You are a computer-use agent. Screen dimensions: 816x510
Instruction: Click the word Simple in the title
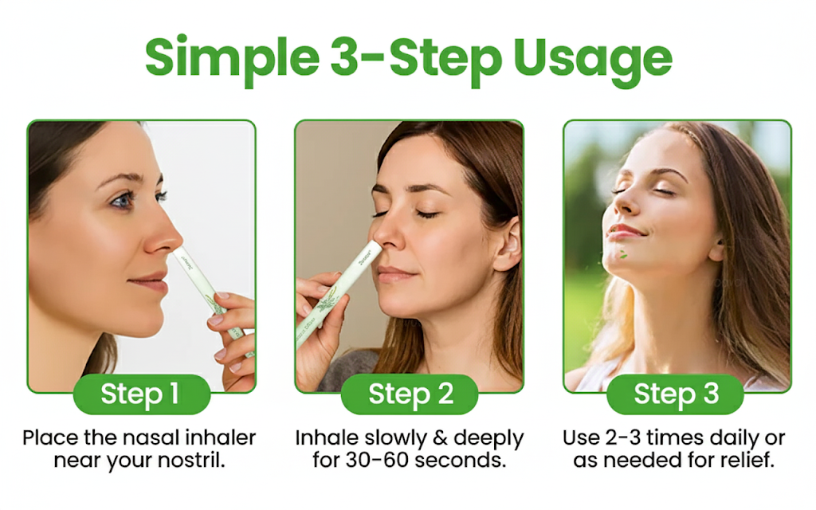[x=232, y=59]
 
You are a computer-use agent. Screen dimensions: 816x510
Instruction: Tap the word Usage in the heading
[x=592, y=59]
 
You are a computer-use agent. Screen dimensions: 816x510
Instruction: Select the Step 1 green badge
[x=142, y=394]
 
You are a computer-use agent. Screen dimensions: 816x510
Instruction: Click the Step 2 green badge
[x=410, y=394]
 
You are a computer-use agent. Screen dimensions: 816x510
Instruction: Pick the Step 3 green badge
[x=676, y=394]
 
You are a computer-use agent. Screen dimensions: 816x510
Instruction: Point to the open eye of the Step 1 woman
[x=124, y=199]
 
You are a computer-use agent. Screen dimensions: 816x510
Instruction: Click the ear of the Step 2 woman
[x=507, y=244]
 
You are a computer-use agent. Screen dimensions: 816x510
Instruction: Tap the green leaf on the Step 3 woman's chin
[x=623, y=254]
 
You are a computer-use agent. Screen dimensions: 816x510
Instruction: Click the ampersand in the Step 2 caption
[x=440, y=438]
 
